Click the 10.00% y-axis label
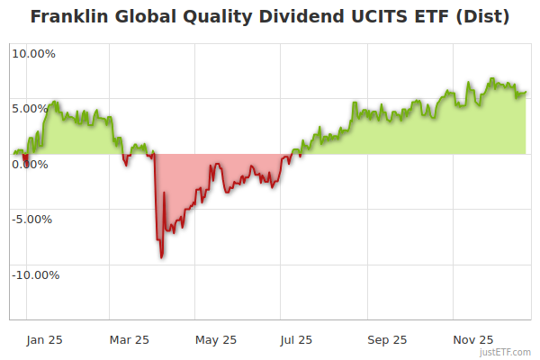33,53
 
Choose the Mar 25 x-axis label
129,339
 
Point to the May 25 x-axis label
215,339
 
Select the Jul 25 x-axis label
296,339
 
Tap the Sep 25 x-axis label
387,339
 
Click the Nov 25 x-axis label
472,339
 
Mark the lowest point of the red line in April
162,257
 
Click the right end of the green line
526,91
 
